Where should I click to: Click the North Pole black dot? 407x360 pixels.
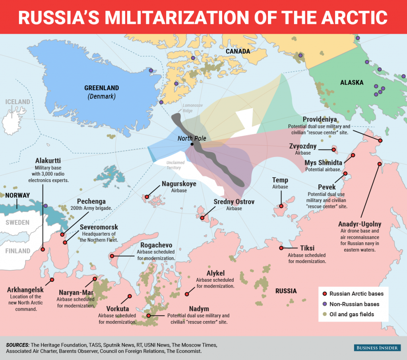click(x=192, y=144)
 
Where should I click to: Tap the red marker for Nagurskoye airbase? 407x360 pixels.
click(x=147, y=197)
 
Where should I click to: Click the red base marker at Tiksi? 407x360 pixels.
click(x=281, y=248)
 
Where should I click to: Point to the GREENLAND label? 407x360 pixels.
click(x=101, y=88)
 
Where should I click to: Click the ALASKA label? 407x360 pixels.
click(x=352, y=83)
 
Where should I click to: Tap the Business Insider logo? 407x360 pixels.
click(x=376, y=348)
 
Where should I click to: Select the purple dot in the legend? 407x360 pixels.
click(x=324, y=304)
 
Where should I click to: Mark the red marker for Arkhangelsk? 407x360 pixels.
click(x=52, y=280)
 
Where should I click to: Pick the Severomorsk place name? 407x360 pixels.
click(x=99, y=227)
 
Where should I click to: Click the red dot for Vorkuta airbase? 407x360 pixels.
click(x=129, y=296)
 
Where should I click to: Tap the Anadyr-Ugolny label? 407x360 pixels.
click(x=359, y=224)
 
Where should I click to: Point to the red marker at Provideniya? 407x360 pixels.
click(x=380, y=141)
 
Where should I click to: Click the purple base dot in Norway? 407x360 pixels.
click(x=46, y=206)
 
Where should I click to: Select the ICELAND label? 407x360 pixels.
click(x=17, y=102)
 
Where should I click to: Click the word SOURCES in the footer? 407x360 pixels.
click(x=17, y=345)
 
